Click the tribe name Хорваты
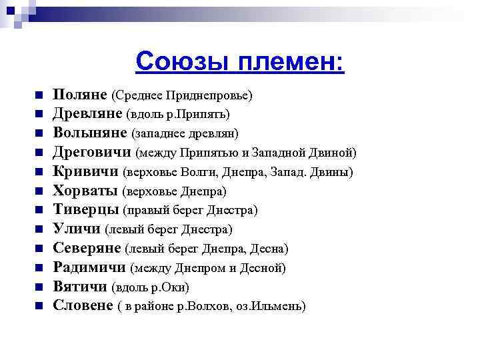coord(85,191)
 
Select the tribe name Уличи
coord(77,229)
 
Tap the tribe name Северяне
coord(87,249)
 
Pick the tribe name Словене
coord(83,307)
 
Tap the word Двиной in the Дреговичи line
coord(333,153)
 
